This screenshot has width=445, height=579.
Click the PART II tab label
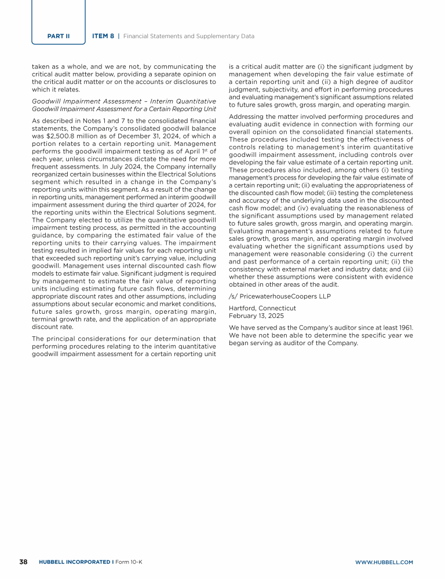[x=59, y=36]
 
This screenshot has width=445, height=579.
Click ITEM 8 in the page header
[x=103, y=36]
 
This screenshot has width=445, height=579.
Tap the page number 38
[x=24, y=562]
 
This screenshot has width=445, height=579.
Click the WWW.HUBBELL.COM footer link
[x=384, y=562]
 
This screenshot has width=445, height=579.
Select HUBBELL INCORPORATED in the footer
[x=74, y=562]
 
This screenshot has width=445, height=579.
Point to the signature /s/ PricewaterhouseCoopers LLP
[x=265, y=296]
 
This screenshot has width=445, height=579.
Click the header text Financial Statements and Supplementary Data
[x=191, y=36]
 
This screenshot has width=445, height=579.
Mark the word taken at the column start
[x=41, y=67]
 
